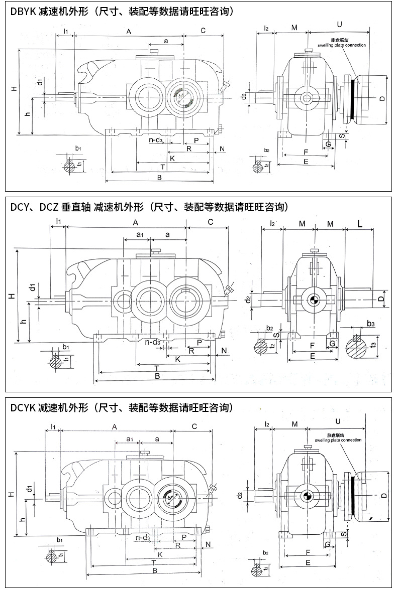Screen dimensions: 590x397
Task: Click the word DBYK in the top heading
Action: tap(23, 11)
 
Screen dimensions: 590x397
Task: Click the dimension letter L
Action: tap(360, 222)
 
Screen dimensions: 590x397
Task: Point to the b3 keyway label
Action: tap(370, 325)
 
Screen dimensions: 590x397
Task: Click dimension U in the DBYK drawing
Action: tap(340, 24)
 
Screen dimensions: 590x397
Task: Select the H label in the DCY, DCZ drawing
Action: tap(11, 297)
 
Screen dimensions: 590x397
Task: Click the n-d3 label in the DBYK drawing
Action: tap(155, 140)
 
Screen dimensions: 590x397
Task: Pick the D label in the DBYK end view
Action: tap(382, 99)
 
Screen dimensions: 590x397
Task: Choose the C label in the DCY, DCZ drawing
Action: tap(211, 222)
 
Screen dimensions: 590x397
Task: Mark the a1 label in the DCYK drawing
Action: tap(129, 439)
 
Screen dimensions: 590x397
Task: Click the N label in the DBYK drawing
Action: tap(222, 149)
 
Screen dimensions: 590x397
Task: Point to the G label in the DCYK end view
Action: tap(327, 544)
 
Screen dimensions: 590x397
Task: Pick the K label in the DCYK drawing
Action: tap(160, 554)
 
